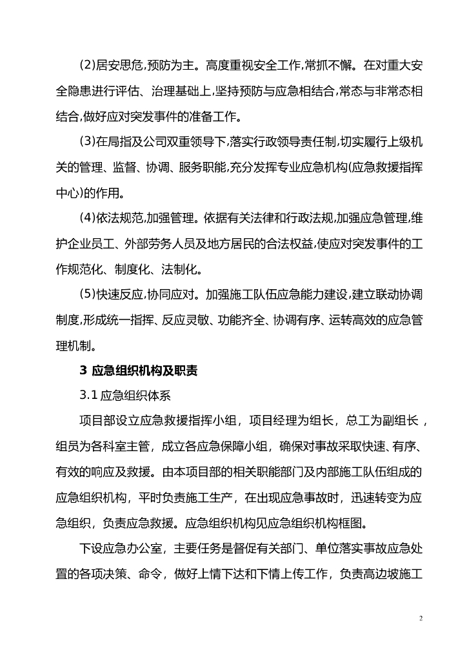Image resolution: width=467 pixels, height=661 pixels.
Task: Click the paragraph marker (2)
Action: coord(87,65)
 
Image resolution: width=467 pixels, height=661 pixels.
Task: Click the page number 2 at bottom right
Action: coord(421,618)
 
